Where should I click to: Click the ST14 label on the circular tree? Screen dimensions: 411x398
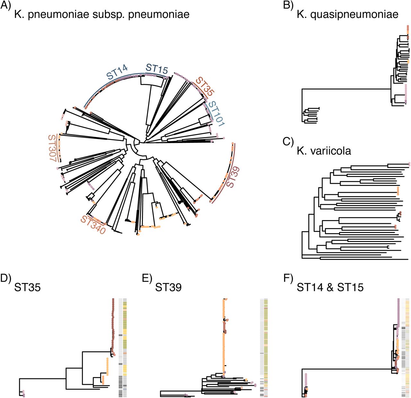coord(117,72)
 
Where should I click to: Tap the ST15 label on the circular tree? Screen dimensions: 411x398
coord(157,69)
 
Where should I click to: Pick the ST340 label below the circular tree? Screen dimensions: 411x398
coord(93,225)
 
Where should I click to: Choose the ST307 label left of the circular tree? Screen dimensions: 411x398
coord(52,148)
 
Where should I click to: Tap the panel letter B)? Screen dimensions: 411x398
coord(288,5)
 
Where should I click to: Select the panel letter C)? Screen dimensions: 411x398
coord(288,142)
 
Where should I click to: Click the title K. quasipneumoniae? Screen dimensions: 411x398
coord(347,14)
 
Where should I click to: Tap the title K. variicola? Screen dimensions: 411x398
coord(324,151)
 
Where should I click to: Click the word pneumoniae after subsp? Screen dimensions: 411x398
coord(159,15)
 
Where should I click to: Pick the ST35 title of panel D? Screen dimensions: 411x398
coord(28,288)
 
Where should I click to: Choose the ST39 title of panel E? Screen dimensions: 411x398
coord(168,288)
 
